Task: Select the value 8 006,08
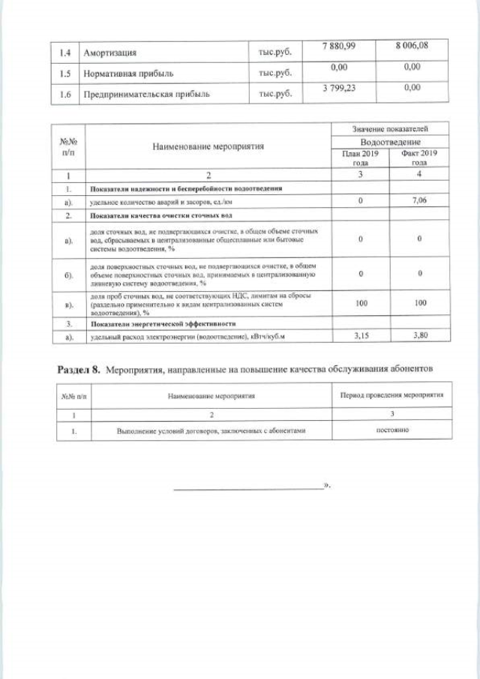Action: [412, 47]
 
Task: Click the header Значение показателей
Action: [390, 130]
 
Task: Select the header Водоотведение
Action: [390, 142]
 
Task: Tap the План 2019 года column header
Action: [361, 158]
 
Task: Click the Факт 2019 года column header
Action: [419, 158]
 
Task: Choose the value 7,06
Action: [419, 201]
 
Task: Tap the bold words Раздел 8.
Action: [79, 370]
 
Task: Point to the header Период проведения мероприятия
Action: [391, 394]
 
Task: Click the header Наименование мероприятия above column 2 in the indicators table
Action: [208, 147]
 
